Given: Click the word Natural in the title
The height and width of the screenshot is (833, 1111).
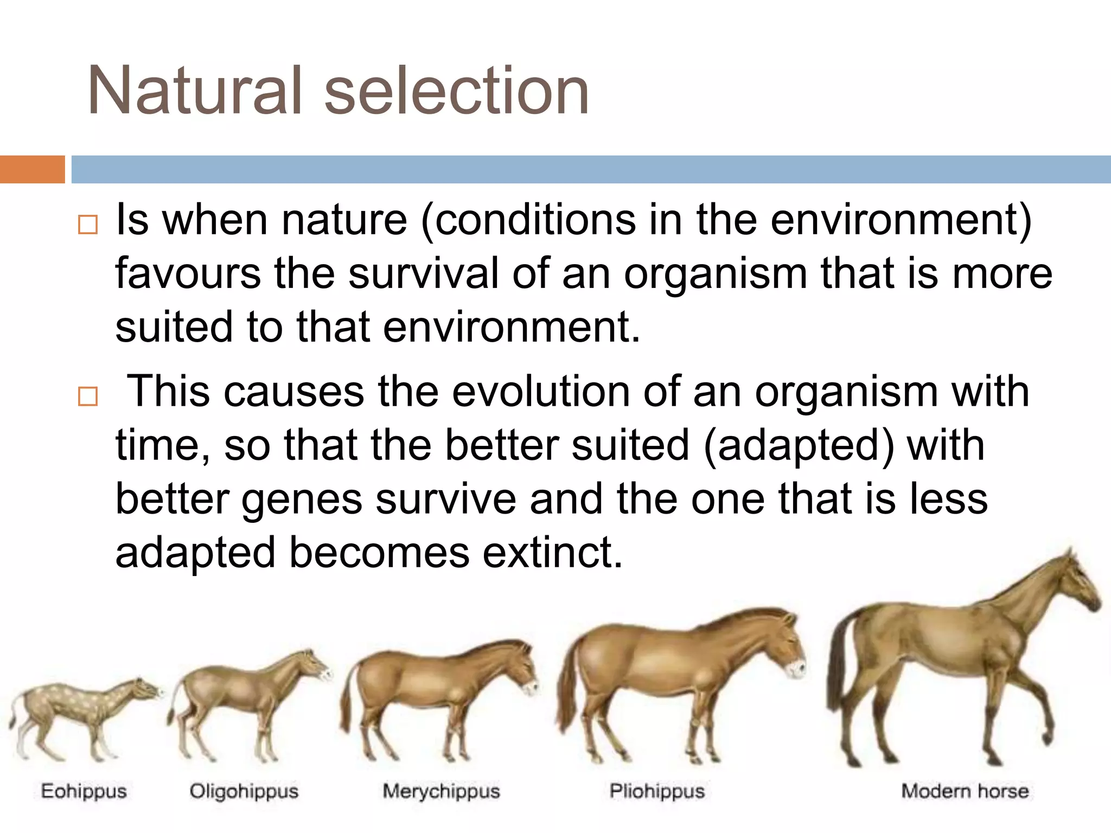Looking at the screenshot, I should pyautogui.click(x=194, y=91).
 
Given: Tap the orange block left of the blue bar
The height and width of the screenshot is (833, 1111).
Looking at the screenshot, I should pyautogui.click(x=32, y=169).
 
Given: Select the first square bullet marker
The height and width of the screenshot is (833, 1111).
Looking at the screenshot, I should pyautogui.click(x=87, y=225).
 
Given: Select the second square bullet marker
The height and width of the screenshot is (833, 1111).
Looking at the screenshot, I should pyautogui.click(x=87, y=396).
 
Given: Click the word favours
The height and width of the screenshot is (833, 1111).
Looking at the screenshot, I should pyautogui.click(x=188, y=274).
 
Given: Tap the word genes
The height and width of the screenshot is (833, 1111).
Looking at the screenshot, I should pyautogui.click(x=302, y=499).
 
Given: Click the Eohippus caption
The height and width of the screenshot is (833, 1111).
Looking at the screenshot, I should pyautogui.click(x=84, y=791).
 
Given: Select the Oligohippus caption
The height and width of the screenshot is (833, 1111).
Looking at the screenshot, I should pyautogui.click(x=244, y=791).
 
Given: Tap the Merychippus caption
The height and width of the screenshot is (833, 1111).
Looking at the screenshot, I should pyautogui.click(x=441, y=791).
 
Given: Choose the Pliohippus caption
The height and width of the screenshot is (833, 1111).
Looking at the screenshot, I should pyautogui.click(x=656, y=791).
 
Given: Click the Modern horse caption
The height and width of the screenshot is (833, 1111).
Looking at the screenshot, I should pyautogui.click(x=965, y=791).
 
